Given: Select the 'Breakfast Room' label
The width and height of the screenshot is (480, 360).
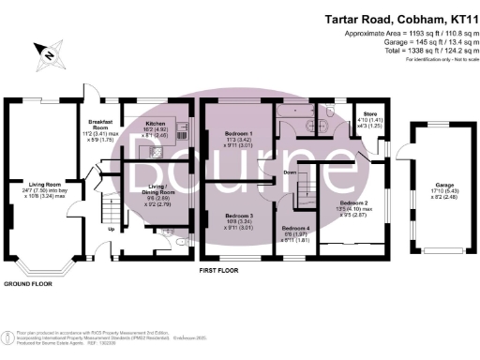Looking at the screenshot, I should pyautogui.click(x=100, y=124).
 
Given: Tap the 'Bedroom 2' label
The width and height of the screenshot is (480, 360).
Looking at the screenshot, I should pyautogui.click(x=352, y=202).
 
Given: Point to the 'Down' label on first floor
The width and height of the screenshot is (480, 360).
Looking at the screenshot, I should pyautogui.click(x=290, y=172).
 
